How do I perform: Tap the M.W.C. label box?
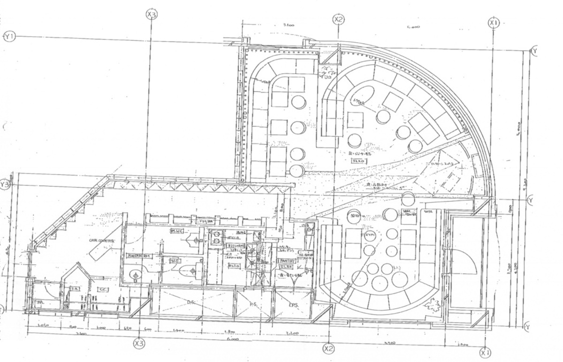coord(177,231)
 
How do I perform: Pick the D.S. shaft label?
coord(192,302)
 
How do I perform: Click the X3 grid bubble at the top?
coord(151,15)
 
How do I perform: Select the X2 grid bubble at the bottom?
coord(328,348)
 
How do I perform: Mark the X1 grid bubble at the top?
coord(493,22)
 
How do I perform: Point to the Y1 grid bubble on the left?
coord(9,37)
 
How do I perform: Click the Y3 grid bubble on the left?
coord(5,185)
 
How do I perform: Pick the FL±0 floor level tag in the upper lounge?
coord(359,161)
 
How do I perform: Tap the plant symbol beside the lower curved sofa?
coord(430,308)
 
